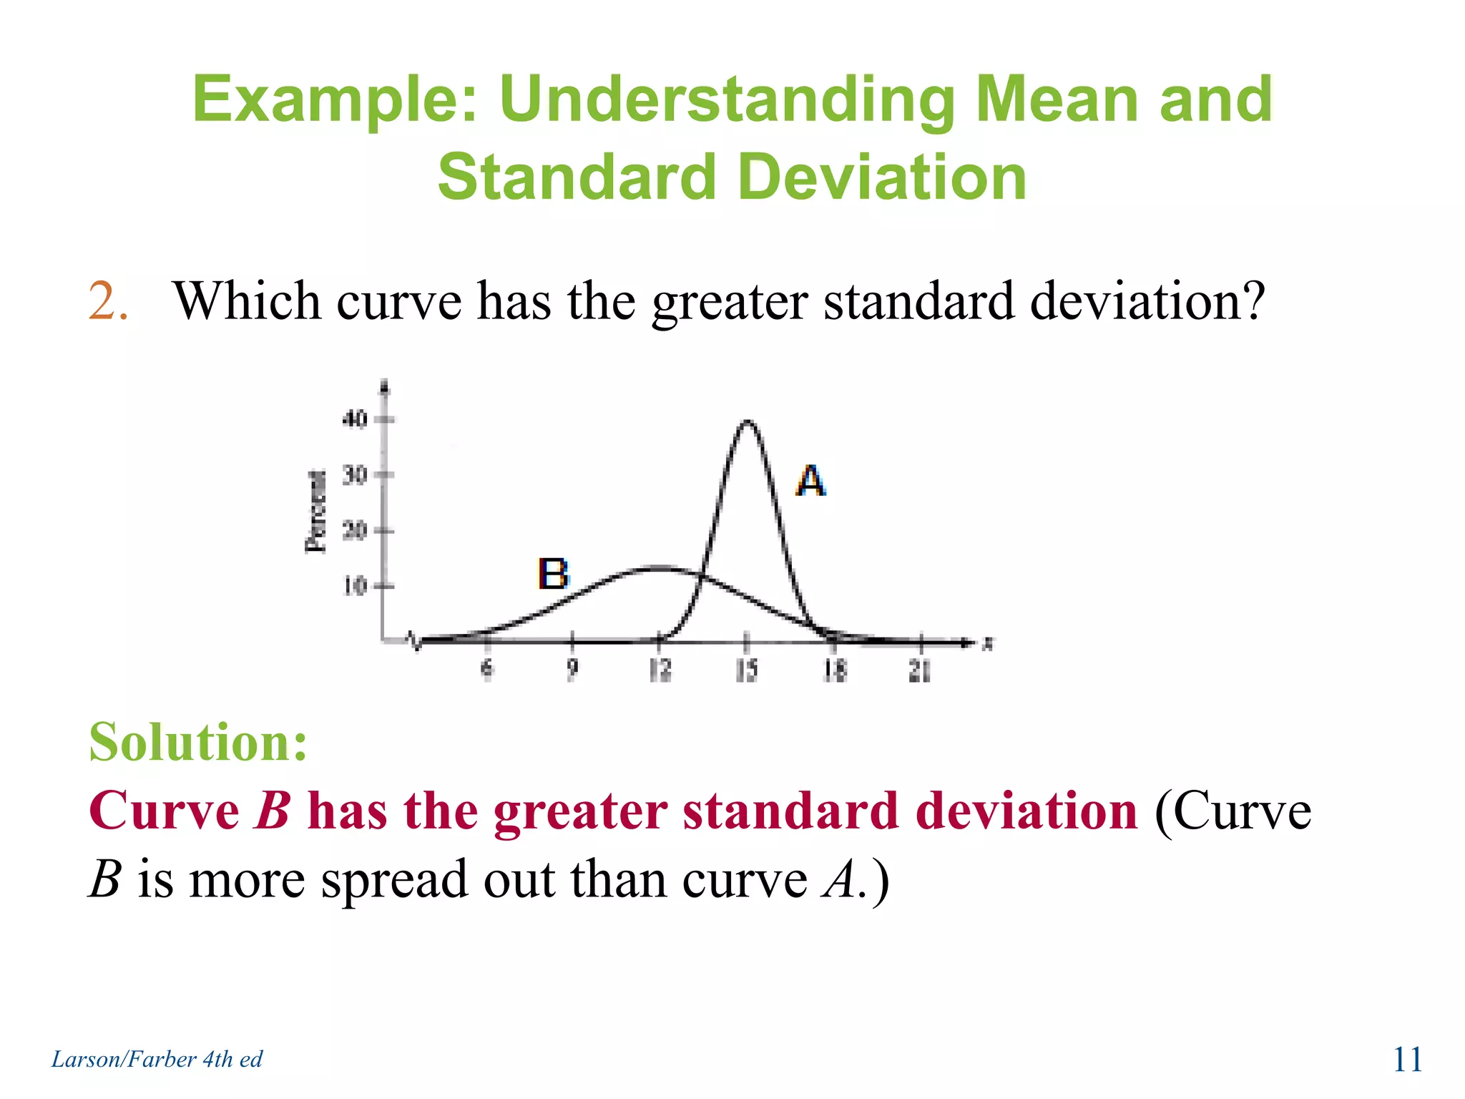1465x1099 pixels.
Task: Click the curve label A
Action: (810, 481)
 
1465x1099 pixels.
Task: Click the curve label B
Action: (553, 574)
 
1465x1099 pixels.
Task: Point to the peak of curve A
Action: (747, 421)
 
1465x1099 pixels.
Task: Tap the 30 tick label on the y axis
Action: (355, 474)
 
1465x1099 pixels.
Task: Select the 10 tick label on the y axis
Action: (355, 586)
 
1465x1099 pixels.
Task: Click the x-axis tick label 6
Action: (487, 669)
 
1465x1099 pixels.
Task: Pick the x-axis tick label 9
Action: (572, 669)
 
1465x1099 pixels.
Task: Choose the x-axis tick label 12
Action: (660, 670)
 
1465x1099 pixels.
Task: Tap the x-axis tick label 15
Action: (747, 670)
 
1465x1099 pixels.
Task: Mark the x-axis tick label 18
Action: (834, 670)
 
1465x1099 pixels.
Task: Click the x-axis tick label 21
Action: (920, 670)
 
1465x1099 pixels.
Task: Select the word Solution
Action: (198, 742)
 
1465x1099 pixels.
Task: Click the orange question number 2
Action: (108, 301)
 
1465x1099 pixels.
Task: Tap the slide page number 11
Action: (1407, 1060)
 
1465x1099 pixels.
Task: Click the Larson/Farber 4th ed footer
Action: (157, 1059)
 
